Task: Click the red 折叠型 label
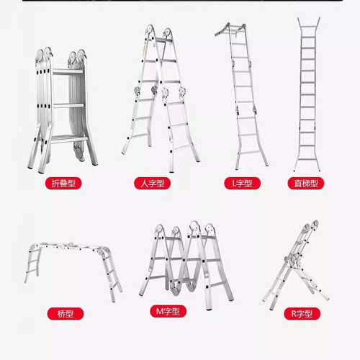click(x=63, y=184)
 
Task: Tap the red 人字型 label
click(x=152, y=184)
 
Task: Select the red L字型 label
click(x=242, y=184)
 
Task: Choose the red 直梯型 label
click(x=306, y=184)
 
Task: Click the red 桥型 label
click(x=66, y=313)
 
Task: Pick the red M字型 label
click(x=168, y=311)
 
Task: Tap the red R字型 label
click(x=302, y=313)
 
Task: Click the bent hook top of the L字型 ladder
click(x=222, y=31)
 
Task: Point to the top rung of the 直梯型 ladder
click(x=308, y=27)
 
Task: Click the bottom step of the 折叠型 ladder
click(x=68, y=139)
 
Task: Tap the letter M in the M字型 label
click(x=160, y=311)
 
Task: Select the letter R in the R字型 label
click(x=294, y=313)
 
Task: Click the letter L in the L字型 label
click(x=234, y=184)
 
